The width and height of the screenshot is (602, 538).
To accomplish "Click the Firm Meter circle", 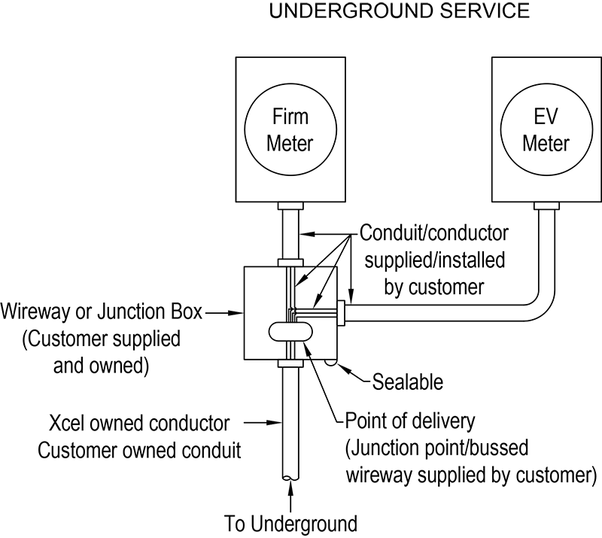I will click(x=292, y=130).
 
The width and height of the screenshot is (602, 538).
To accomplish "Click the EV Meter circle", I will click(x=546, y=130).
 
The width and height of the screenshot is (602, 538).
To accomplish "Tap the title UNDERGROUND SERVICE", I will click(x=391, y=12).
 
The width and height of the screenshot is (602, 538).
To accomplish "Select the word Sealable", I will click(x=408, y=381).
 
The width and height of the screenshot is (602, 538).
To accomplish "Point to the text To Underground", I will click(x=291, y=522).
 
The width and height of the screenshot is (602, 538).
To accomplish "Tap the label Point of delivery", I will click(x=410, y=418).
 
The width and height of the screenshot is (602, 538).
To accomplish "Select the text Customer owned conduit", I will click(x=140, y=451).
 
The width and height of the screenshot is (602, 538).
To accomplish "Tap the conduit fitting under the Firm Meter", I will click(x=291, y=205).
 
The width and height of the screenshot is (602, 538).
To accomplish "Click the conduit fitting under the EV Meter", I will click(x=546, y=205).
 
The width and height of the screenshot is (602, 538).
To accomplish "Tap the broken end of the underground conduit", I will click(x=291, y=477).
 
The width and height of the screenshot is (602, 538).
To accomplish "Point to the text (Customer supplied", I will click(x=102, y=339).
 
